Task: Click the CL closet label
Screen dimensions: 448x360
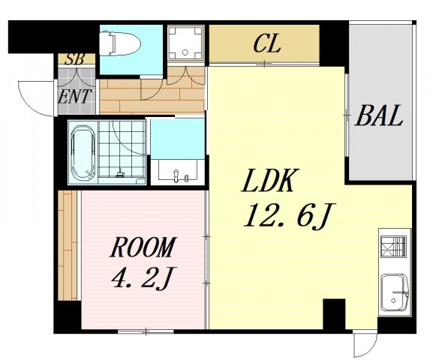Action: (267, 44)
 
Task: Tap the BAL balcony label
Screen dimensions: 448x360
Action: (379, 115)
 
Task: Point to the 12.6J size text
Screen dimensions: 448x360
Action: (289, 216)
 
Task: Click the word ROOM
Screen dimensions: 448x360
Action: (143, 247)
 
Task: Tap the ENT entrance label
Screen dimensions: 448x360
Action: (75, 97)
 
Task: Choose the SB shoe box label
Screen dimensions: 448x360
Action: (74, 59)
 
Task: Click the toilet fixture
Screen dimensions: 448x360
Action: (120, 43)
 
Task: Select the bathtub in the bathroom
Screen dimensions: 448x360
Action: (83, 152)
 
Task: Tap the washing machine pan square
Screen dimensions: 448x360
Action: (185, 43)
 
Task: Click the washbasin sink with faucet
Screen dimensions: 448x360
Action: (178, 171)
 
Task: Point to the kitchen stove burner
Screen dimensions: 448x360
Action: (393, 247)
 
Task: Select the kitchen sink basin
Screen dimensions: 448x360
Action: (395, 293)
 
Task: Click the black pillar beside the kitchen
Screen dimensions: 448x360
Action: (334, 313)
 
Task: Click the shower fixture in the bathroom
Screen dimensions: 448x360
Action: (120, 173)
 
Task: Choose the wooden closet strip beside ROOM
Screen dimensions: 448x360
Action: (68, 245)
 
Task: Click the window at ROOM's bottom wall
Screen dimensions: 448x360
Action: (146, 331)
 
